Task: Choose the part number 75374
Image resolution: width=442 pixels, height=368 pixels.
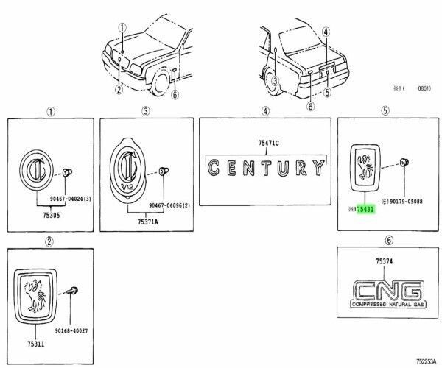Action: [384, 262]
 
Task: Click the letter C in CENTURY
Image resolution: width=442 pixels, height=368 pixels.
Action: [214, 168]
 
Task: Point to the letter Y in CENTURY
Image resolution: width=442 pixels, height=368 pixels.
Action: [318, 167]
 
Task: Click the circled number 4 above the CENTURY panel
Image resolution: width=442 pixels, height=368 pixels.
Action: [264, 111]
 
